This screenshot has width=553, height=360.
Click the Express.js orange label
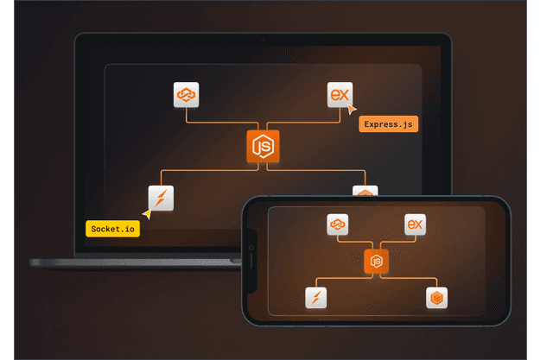pyautogui.click(x=389, y=124)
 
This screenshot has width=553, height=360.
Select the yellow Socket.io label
pyautogui.click(x=112, y=229)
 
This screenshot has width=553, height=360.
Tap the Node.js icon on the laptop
pyautogui.click(x=263, y=148)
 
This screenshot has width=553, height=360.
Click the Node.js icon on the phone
pyautogui.click(x=376, y=261)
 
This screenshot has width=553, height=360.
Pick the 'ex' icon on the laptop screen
pyautogui.click(x=340, y=93)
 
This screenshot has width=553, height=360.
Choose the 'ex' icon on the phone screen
pyautogui.click(x=416, y=224)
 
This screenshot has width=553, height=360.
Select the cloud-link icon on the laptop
pyautogui.click(x=187, y=93)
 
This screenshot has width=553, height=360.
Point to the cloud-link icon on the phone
pyautogui.click(x=337, y=224)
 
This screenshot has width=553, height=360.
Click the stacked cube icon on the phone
pyautogui.click(x=436, y=299)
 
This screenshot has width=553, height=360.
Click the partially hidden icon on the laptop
pyautogui.click(x=365, y=191)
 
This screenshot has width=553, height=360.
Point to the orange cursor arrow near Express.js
pyautogui.click(x=351, y=109)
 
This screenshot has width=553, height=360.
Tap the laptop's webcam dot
pyautogui.click(x=263, y=40)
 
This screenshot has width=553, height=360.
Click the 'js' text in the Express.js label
pyautogui.click(x=406, y=124)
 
